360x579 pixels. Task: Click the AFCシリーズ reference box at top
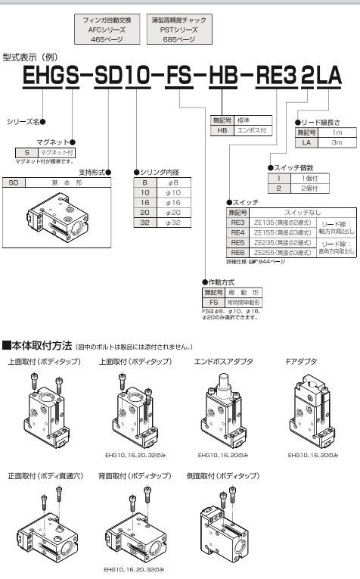pos(107,30)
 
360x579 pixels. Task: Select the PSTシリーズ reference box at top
pos(179,30)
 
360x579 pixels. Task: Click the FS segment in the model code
pos(179,76)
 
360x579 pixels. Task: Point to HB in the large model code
pos(223,76)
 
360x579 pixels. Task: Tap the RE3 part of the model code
pos(276,76)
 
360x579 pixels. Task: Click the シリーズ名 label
pos(23,122)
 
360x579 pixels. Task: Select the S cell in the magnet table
pos(26,152)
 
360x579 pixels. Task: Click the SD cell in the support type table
pos(14,182)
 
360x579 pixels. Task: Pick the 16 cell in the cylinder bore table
pos(145,202)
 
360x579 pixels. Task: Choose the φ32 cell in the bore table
pos(173,223)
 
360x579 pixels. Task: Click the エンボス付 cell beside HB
pos(253,130)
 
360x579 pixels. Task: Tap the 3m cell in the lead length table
pos(337,142)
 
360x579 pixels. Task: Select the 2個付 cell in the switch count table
pos(309,188)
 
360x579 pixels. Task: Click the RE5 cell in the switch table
pos(238,243)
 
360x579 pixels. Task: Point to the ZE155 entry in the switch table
pos(283,232)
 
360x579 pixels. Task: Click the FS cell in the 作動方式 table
pos(213,303)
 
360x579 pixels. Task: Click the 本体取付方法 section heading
pos(42,346)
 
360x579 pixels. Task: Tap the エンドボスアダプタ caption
pos(224,362)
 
